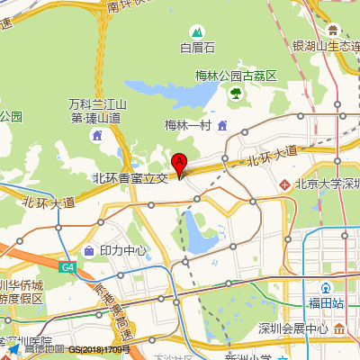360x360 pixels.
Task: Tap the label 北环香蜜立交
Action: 130,178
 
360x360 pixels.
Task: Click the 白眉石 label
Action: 198,48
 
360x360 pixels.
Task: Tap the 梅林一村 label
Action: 187,125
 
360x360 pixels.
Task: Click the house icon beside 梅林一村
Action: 221,124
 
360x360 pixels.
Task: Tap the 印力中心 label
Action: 123,250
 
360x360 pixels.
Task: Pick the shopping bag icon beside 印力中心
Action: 89,250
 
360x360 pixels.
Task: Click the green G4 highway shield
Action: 68,267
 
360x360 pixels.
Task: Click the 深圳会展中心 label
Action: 293,328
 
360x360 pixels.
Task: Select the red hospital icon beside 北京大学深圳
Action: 284,184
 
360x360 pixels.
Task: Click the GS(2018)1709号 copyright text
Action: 99,348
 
